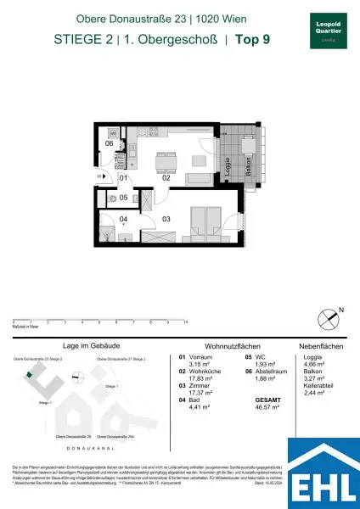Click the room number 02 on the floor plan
point(167,178)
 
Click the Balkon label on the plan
point(246,181)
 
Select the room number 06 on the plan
point(110,143)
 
